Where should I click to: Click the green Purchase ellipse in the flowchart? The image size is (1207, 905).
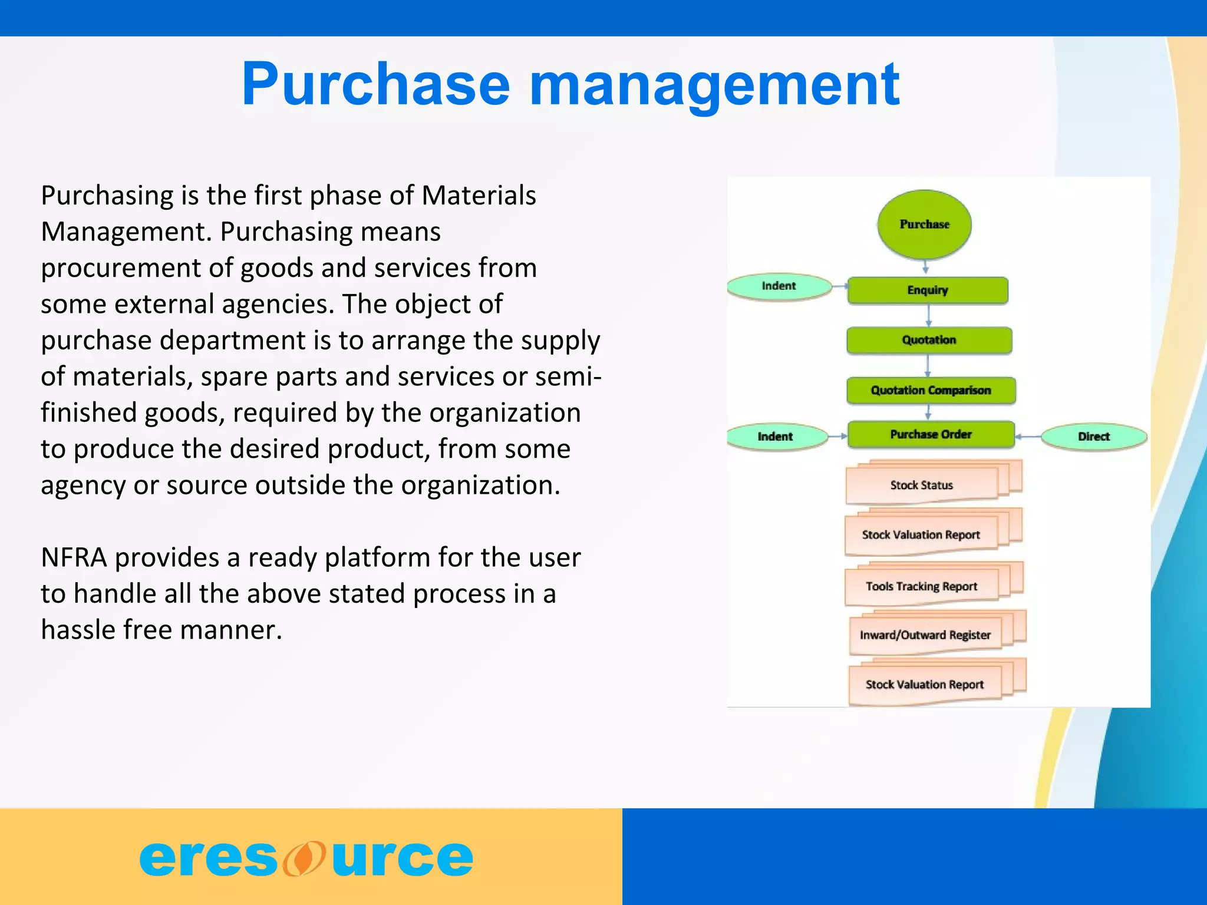tap(924, 224)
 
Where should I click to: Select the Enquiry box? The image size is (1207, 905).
tap(927, 290)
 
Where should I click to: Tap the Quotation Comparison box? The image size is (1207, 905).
tap(931, 390)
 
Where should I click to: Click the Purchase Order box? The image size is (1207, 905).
tap(931, 434)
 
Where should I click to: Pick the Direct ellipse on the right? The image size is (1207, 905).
tap(1093, 437)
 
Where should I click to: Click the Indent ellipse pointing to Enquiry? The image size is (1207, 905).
tap(779, 286)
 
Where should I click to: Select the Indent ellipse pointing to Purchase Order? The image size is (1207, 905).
tap(775, 437)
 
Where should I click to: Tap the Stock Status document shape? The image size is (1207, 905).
tap(921, 485)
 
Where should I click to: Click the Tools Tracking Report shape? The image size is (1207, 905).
tap(921, 586)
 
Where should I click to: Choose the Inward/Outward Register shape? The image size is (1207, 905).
tap(925, 635)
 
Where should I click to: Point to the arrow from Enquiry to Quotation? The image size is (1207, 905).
tap(928, 315)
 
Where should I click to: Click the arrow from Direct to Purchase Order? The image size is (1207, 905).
tap(1028, 437)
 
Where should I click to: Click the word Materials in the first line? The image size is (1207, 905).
tap(479, 196)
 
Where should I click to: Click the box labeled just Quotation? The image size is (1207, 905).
tap(929, 340)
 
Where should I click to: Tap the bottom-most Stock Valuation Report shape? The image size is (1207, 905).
tap(924, 685)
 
